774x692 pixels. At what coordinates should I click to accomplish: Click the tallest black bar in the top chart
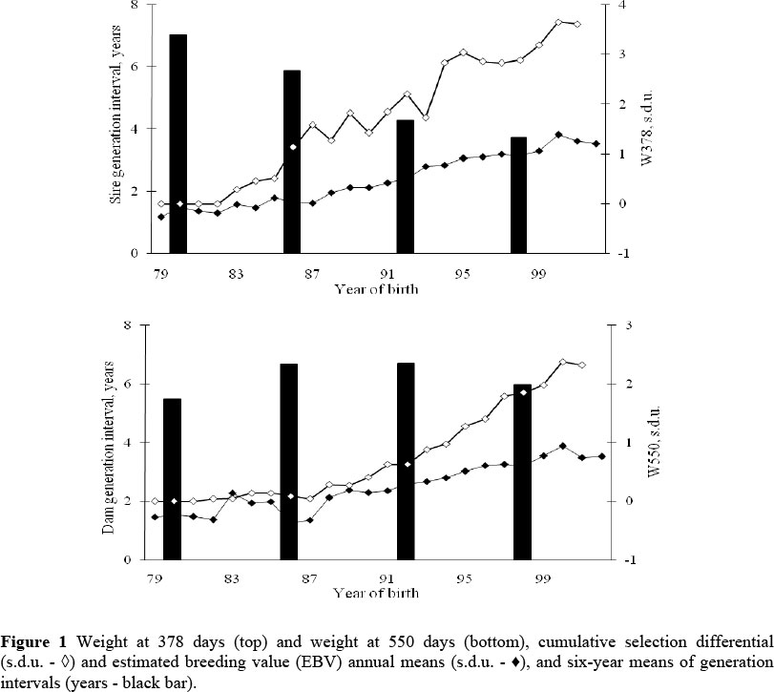coord(178,143)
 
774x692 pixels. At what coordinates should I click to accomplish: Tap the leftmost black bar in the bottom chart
coord(172,478)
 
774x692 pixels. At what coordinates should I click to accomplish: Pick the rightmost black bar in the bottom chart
coord(522,472)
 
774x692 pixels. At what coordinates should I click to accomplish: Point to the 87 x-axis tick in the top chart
coord(311,274)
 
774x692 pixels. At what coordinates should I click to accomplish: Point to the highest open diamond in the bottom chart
coord(563,362)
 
